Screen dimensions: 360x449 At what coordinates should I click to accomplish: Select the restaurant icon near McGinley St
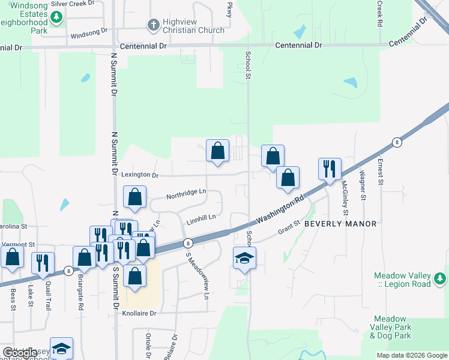330,169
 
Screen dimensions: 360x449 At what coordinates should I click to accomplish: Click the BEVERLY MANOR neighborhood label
340,224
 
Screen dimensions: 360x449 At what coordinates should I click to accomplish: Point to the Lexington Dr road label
139,175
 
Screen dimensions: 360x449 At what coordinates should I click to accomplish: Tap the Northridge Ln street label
186,194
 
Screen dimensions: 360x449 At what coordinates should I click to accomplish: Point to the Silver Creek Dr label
73,3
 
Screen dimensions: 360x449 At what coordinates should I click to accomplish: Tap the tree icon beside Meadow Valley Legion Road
440,279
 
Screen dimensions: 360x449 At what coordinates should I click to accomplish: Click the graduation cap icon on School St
244,257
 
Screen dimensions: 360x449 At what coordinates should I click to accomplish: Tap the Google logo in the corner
20,353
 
